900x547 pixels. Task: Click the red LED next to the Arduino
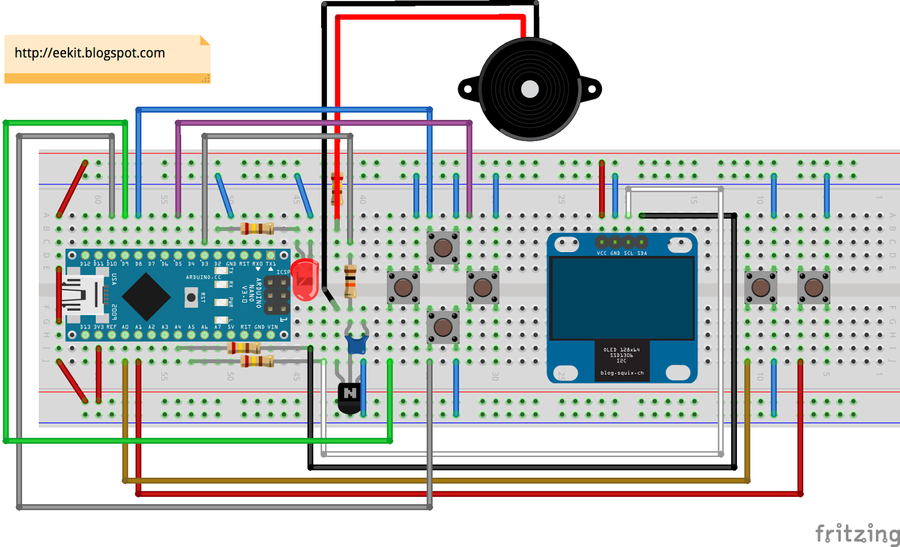click(x=305, y=279)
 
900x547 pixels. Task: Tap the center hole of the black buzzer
click(x=530, y=89)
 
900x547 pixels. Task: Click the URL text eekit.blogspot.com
click(x=90, y=53)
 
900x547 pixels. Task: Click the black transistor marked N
click(x=349, y=396)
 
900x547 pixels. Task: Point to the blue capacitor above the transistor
click(x=357, y=344)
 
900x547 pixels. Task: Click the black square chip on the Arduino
click(x=146, y=297)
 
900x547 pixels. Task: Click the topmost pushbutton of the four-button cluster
click(x=443, y=248)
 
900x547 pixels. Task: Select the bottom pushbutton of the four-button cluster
click(x=443, y=327)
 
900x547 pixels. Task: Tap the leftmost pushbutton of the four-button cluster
click(x=403, y=288)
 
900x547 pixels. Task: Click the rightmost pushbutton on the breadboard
click(x=813, y=288)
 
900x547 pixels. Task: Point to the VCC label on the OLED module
click(x=601, y=253)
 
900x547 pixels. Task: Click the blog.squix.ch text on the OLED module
click(x=622, y=373)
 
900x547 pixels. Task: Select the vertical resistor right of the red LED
click(x=350, y=281)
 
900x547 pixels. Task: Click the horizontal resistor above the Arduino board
click(x=257, y=228)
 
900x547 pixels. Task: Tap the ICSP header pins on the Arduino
click(x=277, y=295)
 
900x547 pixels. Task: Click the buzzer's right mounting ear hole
click(x=592, y=89)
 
